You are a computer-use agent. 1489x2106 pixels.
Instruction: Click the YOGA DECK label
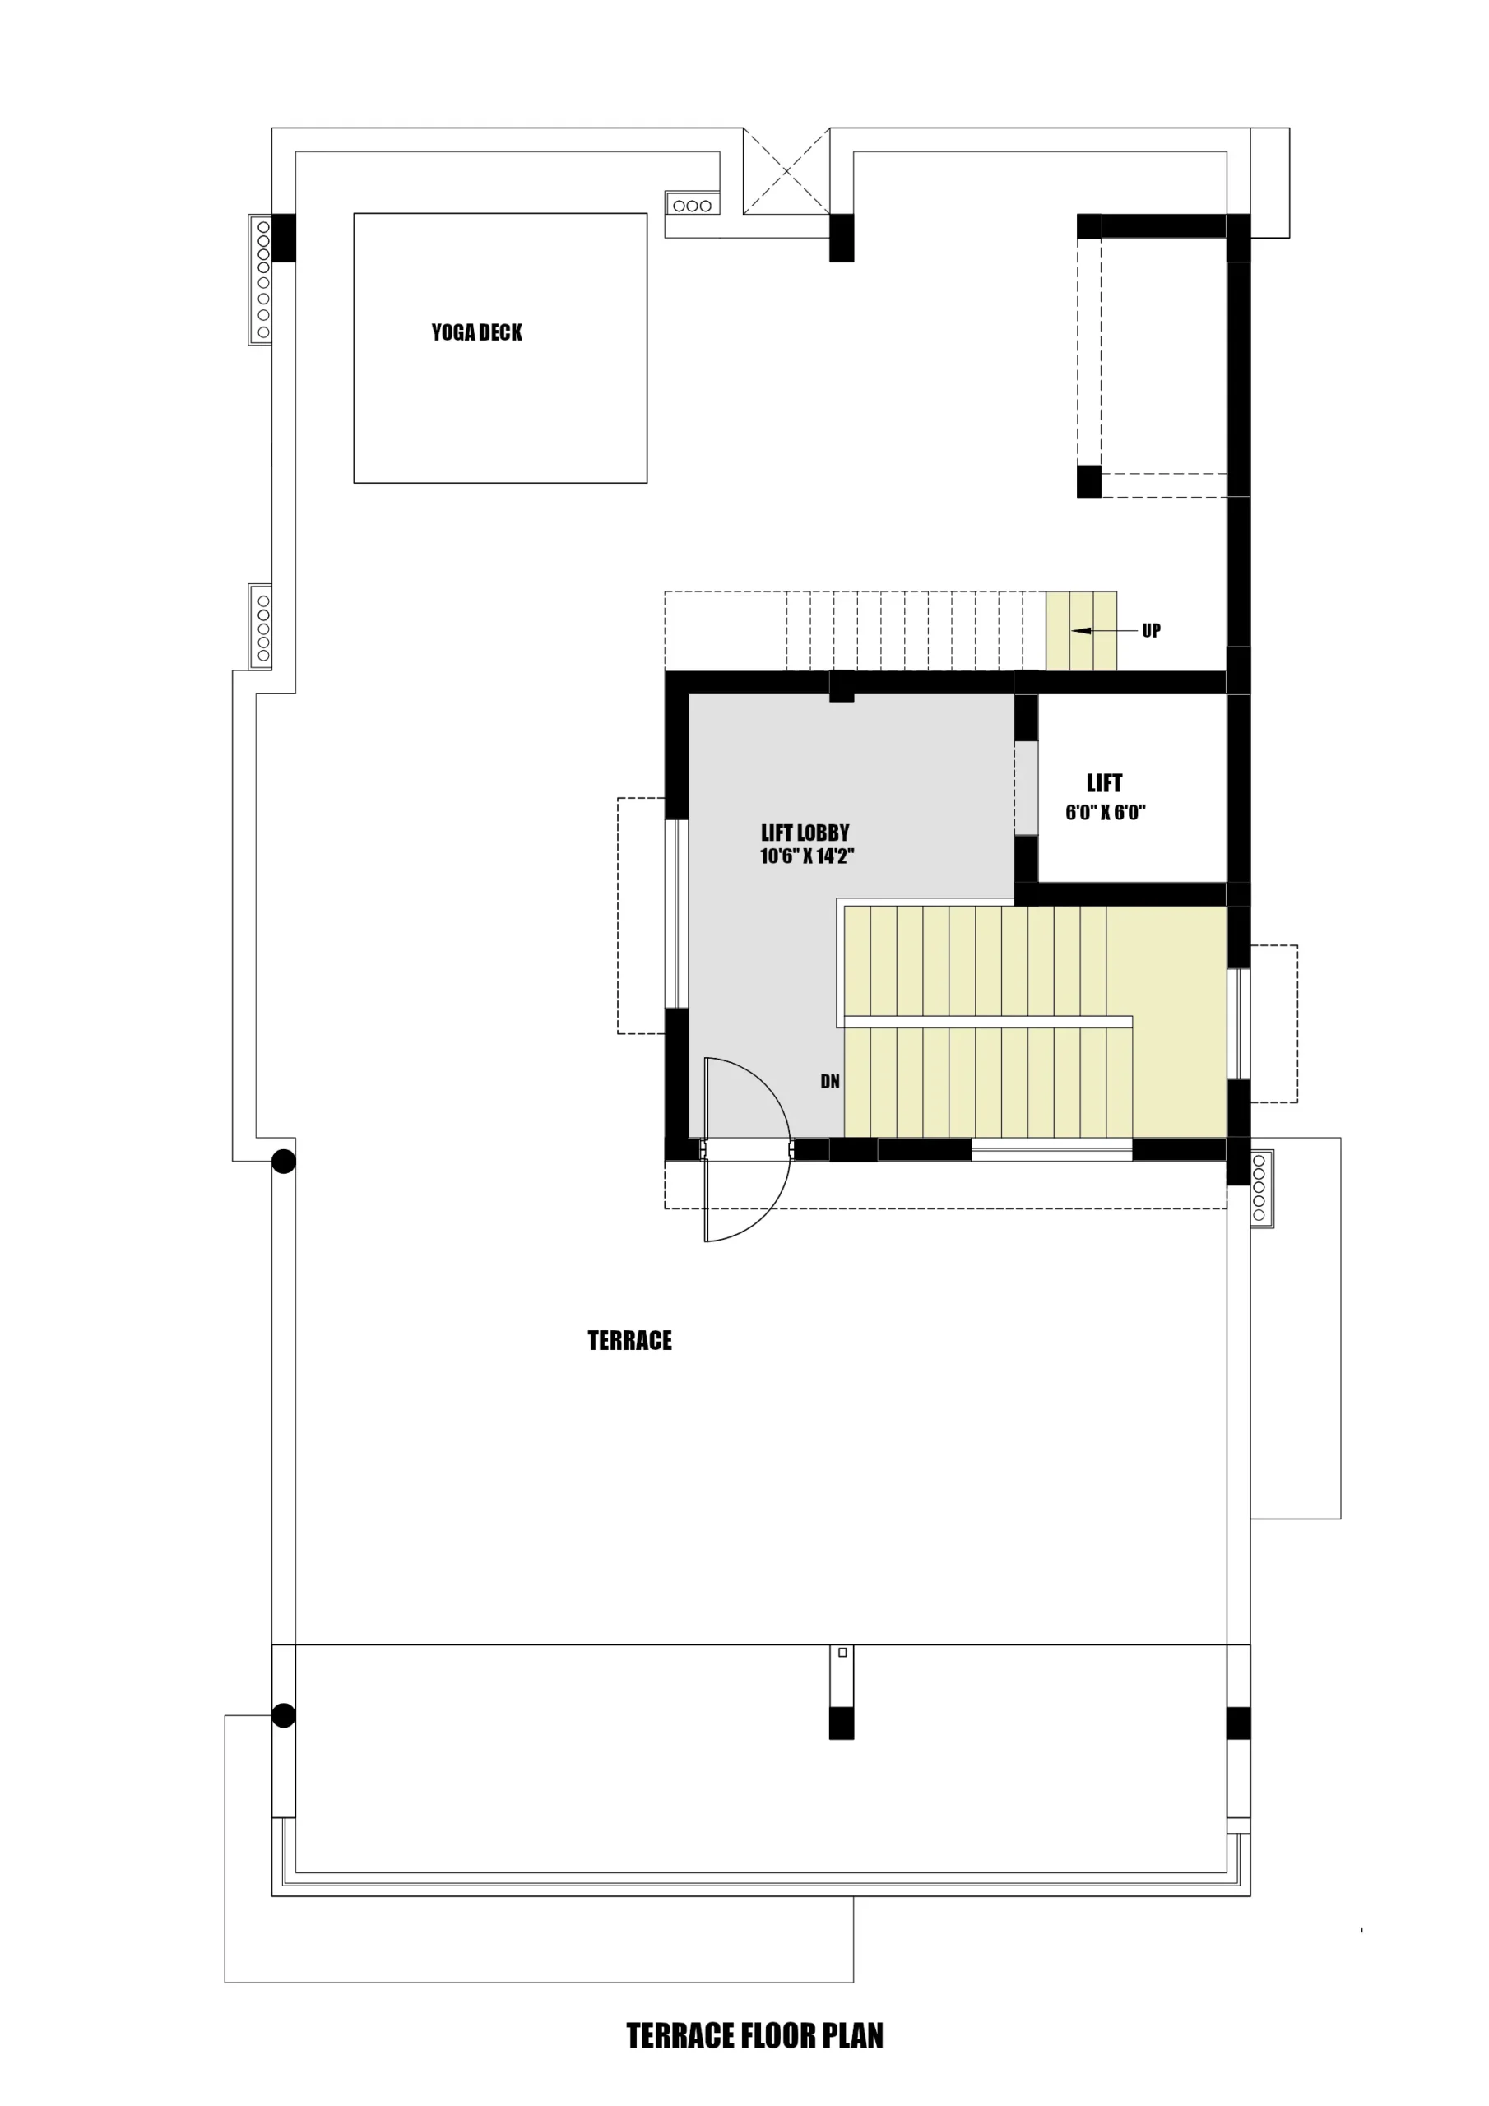tap(476, 332)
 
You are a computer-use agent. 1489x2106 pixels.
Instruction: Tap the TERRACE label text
tap(629, 1341)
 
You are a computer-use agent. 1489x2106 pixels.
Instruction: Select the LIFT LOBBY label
tap(805, 833)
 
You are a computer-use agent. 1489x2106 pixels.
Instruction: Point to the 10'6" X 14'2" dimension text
tap(806, 856)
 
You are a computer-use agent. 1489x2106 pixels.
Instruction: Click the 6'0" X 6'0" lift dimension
tap(1105, 812)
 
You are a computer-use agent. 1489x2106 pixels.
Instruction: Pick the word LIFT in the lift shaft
tap(1104, 783)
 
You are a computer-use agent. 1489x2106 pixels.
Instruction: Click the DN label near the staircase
tap(829, 1082)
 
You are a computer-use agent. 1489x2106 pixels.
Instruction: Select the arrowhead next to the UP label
tap(1081, 631)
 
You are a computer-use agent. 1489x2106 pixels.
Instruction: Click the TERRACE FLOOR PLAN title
tap(754, 2035)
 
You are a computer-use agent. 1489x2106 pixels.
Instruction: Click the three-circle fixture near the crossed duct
tap(692, 206)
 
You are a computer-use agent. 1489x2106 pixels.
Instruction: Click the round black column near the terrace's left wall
tap(284, 1162)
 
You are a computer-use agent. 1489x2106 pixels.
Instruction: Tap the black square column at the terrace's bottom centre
tap(842, 1723)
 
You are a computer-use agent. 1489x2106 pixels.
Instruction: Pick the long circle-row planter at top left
tap(262, 279)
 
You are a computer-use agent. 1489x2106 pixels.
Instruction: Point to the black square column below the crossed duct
tap(842, 238)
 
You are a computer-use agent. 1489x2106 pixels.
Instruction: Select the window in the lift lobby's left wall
tap(676, 914)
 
